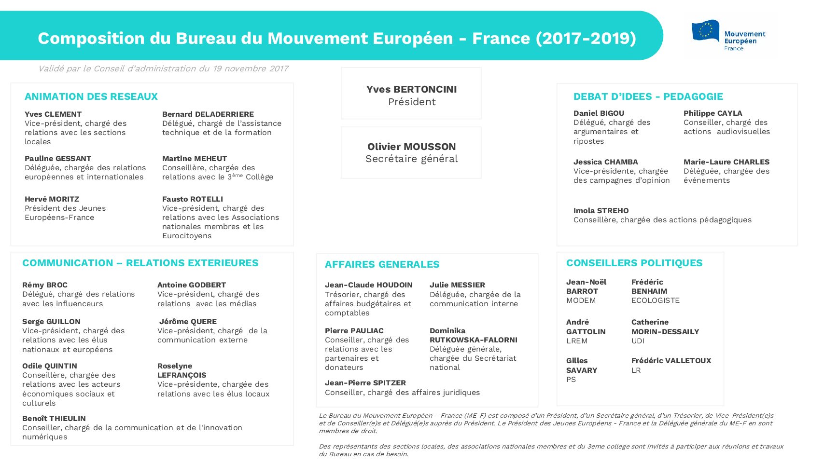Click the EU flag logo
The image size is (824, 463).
(705, 31)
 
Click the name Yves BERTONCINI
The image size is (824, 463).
(411, 89)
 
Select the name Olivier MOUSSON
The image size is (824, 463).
(411, 147)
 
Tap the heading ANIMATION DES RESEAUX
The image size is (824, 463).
(91, 96)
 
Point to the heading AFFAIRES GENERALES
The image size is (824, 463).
(382, 264)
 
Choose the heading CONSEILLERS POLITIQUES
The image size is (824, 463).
(634, 263)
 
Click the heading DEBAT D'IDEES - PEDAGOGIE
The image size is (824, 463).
(648, 96)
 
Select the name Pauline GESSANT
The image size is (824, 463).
(58, 158)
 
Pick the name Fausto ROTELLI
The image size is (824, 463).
(193, 199)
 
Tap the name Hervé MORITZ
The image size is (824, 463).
(52, 199)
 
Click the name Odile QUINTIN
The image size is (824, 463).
(50, 366)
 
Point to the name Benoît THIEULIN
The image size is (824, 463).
(54, 418)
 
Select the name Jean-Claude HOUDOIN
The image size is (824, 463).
(369, 285)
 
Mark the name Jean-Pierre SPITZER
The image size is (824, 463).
(365, 383)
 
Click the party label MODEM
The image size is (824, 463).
(581, 300)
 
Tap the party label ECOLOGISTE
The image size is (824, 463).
(656, 300)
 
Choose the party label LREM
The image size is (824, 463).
(577, 341)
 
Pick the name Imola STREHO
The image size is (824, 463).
(601, 211)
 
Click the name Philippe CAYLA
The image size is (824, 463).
(713, 113)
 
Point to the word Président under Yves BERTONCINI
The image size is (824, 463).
(412, 102)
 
